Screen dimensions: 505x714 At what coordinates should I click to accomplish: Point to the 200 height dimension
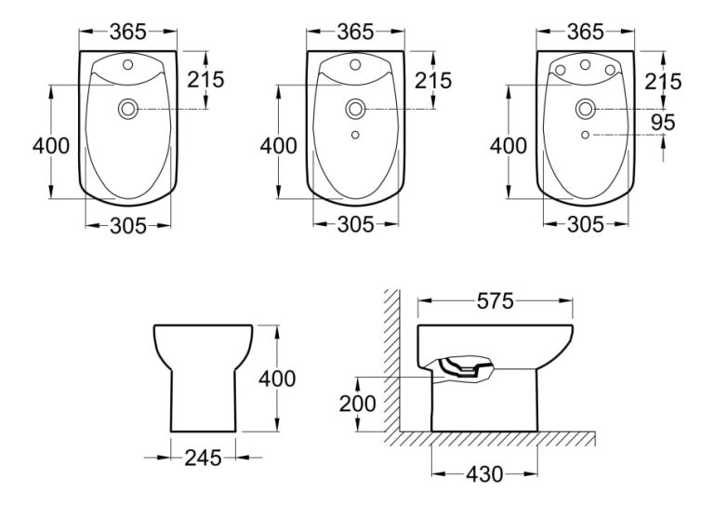(359, 403)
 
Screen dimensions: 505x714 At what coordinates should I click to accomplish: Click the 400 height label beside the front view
(277, 378)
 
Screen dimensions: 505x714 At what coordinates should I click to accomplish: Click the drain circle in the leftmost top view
(126, 110)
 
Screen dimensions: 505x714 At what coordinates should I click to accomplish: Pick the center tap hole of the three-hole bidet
(585, 67)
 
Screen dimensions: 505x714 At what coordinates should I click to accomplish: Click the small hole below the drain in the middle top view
(355, 136)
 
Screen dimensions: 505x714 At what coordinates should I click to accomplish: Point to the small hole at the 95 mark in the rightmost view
(585, 136)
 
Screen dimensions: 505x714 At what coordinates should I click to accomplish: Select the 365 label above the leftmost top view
(126, 32)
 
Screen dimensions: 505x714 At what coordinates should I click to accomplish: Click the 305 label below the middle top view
(355, 224)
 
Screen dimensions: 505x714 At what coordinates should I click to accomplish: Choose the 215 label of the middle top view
(434, 80)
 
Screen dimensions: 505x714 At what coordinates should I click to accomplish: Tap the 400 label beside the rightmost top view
(508, 146)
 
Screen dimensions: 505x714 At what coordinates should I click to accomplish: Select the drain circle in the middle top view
(355, 110)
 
